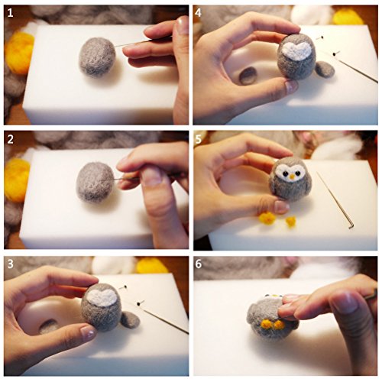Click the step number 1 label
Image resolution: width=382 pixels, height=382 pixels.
(x=10, y=13)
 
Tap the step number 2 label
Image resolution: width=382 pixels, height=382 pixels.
(x=11, y=140)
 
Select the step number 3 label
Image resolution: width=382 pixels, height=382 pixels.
(x=11, y=264)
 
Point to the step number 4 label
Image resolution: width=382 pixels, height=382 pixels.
(x=199, y=13)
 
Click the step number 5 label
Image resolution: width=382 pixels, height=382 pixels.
(x=199, y=140)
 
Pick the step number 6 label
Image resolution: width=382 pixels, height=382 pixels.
(x=199, y=264)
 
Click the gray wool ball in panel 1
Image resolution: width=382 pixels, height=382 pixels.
(x=97, y=57)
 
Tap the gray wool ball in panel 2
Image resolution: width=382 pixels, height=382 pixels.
(x=95, y=182)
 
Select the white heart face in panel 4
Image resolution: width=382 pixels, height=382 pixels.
(x=297, y=51)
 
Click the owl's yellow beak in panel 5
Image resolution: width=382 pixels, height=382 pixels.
(x=292, y=176)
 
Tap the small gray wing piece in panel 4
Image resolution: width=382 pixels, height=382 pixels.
(x=325, y=69)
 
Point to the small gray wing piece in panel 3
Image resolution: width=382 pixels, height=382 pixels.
(x=130, y=319)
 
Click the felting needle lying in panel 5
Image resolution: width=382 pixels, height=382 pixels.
(x=335, y=200)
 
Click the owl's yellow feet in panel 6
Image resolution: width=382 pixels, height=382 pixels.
(x=273, y=324)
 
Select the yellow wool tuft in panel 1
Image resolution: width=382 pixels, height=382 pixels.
(x=18, y=52)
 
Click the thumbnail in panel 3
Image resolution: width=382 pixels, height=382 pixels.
(x=88, y=332)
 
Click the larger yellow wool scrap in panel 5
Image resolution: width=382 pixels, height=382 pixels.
(x=267, y=218)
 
